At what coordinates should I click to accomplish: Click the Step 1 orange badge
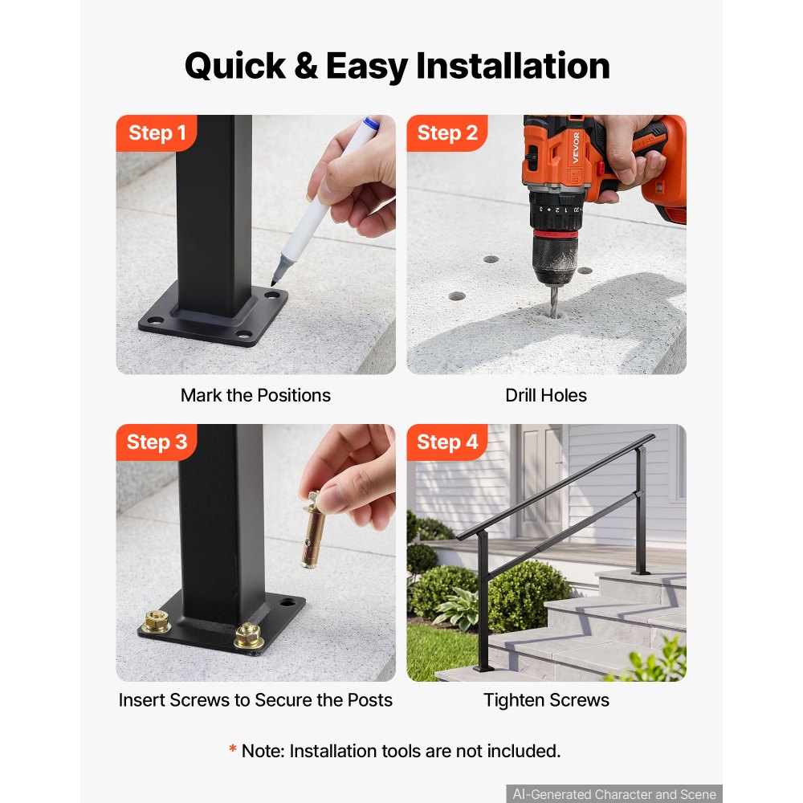click(x=157, y=133)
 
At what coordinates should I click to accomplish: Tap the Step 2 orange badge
click(x=447, y=133)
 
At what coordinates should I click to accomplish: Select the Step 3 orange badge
click(x=157, y=442)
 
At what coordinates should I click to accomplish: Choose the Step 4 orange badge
click(x=447, y=442)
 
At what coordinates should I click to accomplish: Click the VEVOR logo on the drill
click(x=576, y=147)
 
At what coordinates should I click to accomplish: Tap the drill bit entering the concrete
click(x=554, y=301)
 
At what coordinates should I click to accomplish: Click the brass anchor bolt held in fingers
click(x=314, y=531)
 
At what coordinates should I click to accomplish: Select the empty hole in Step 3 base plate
click(x=287, y=603)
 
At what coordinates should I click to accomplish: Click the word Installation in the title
click(x=512, y=66)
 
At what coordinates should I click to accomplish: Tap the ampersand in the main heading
click(x=306, y=66)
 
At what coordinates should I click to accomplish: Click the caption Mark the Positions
click(x=255, y=395)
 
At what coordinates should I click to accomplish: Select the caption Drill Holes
click(x=546, y=395)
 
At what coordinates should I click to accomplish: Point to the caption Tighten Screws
click(x=546, y=700)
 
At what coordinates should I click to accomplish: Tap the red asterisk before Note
click(x=233, y=748)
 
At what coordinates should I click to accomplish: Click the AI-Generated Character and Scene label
click(x=614, y=794)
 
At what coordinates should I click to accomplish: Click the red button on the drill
click(x=600, y=168)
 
